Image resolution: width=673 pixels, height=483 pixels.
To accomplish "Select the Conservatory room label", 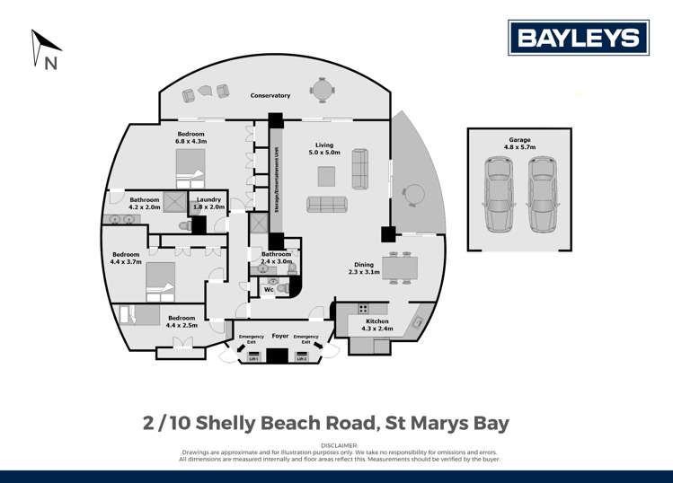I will (270, 95).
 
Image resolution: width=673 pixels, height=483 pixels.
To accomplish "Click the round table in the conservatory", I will (322, 89).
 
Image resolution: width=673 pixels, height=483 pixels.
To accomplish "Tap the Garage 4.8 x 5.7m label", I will (518, 145).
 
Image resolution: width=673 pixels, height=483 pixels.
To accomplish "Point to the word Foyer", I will (280, 335).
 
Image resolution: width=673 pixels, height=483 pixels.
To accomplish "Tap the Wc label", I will (268, 289).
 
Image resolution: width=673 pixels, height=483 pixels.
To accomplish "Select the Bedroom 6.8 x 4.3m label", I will (191, 137).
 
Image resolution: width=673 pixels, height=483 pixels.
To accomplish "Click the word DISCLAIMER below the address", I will (336, 444).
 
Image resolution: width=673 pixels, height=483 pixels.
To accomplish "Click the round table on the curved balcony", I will (412, 194).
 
